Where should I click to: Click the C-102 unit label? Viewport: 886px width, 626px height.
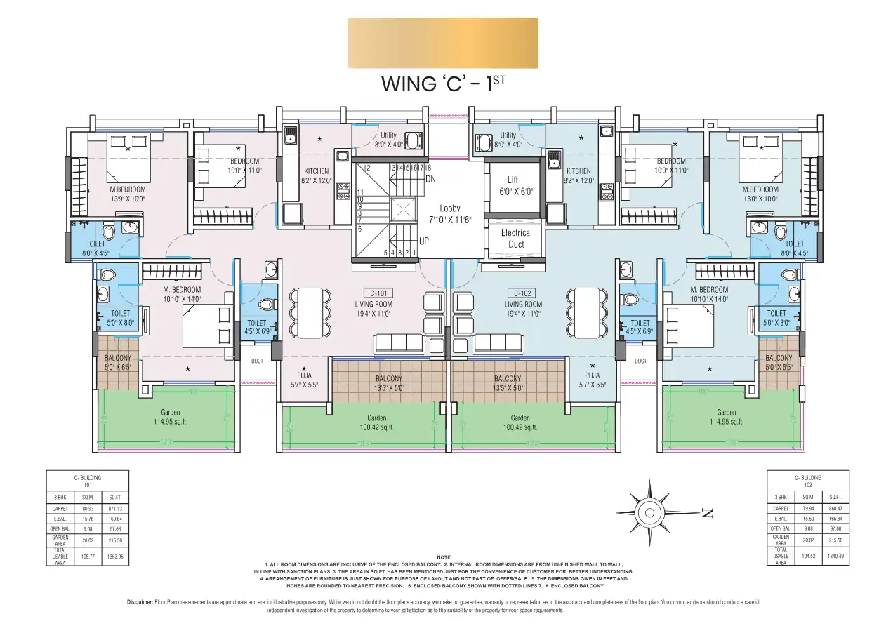click(523, 293)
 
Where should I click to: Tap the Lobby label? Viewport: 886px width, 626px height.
click(450, 208)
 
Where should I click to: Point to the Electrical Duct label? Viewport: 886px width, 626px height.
click(516, 239)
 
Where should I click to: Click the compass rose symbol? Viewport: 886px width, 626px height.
click(650, 508)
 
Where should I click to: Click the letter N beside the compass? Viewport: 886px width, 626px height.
click(707, 513)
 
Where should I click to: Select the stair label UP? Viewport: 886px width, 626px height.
click(423, 241)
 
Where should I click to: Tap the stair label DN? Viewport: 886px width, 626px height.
click(431, 179)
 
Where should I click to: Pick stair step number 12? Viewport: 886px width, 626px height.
click(366, 168)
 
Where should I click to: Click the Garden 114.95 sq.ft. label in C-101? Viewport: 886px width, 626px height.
click(170, 417)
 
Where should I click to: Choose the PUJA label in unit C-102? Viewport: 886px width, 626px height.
click(592, 375)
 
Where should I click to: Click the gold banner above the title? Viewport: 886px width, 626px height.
click(443, 43)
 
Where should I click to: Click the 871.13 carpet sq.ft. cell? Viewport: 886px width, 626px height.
click(115, 509)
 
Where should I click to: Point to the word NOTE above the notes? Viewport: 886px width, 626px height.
click(443, 557)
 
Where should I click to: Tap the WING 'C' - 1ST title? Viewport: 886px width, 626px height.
click(443, 84)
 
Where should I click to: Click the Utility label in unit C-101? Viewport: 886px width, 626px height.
click(389, 135)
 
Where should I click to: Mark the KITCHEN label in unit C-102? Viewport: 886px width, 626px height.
click(578, 171)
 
